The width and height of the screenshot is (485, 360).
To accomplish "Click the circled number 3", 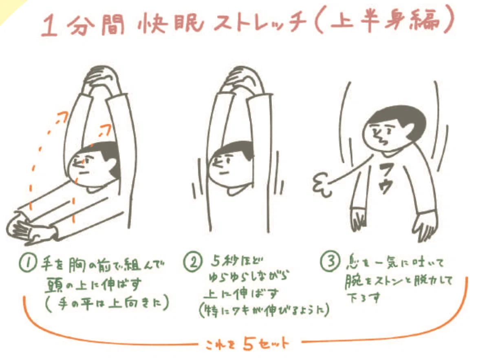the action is pyautogui.click(x=330, y=262).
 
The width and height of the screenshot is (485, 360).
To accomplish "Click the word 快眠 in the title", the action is pyautogui.click(x=170, y=24).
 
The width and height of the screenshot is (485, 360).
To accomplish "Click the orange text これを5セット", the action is pyautogui.click(x=247, y=343).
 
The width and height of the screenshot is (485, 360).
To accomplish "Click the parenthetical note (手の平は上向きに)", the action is pyautogui.click(x=107, y=303).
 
